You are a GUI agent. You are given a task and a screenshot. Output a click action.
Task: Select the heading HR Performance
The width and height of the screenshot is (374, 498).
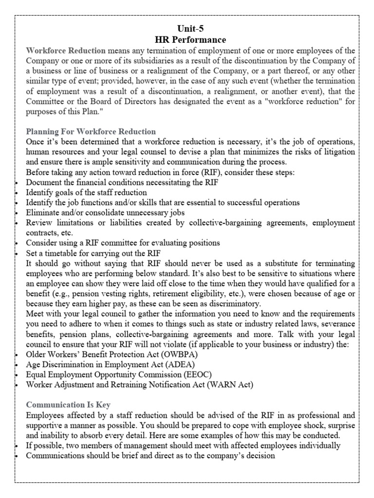point(187,39)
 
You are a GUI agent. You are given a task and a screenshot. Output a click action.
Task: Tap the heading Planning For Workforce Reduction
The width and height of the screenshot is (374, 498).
point(91,131)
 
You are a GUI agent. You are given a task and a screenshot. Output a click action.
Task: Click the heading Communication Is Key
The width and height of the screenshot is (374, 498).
point(68,404)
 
